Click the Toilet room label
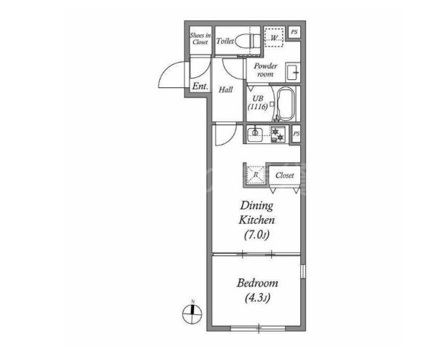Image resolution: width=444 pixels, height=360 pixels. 225,41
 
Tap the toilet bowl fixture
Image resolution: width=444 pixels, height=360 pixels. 248,41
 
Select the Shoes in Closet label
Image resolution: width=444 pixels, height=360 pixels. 200,39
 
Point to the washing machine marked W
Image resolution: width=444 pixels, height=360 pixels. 274,37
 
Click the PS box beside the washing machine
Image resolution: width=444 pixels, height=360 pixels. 294,32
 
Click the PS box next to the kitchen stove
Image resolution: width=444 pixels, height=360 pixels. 296,134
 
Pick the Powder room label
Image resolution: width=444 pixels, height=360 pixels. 265,70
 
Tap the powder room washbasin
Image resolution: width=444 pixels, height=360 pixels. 293,73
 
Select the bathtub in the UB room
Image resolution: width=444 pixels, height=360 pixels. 286,104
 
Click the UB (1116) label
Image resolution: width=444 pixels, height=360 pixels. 258,103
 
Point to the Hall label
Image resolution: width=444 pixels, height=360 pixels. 226,90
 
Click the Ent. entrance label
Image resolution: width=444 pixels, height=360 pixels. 200,86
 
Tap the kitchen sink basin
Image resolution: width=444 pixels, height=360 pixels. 255,135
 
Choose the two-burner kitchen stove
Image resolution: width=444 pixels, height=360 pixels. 278,135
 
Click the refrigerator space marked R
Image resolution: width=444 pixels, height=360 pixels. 255,175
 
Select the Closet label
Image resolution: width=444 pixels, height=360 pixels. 285,175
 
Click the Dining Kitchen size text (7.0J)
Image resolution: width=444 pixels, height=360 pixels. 257,235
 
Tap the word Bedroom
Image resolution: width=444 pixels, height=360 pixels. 257,283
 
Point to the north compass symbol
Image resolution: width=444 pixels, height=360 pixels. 193,313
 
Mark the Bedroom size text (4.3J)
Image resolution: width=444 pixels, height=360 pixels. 257,298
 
